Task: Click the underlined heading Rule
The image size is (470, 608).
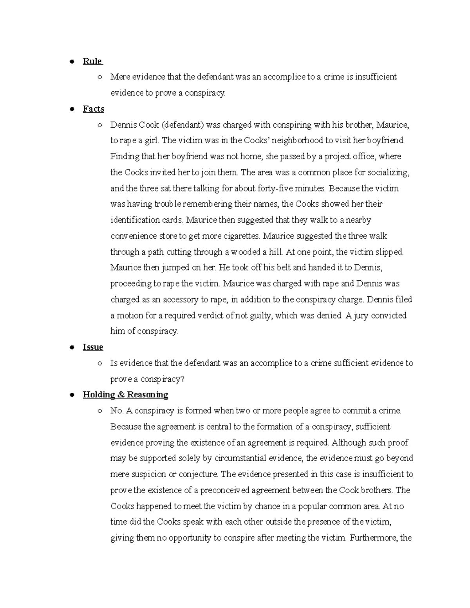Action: pyautogui.click(x=92, y=61)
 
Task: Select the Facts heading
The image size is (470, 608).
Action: pyautogui.click(x=93, y=109)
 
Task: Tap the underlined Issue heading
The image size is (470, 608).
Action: pyautogui.click(x=93, y=347)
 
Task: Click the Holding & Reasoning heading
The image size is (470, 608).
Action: pyautogui.click(x=125, y=395)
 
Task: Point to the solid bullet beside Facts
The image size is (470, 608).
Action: pyautogui.click(x=72, y=109)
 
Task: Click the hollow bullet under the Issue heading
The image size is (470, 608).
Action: pyautogui.click(x=100, y=363)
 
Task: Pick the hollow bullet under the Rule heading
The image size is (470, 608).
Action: pyautogui.click(x=100, y=77)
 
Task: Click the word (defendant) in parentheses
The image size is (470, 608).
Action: pyautogui.click(x=182, y=125)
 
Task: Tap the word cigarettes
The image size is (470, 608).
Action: pyautogui.click(x=240, y=236)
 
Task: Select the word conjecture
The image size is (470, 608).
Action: pyautogui.click(x=198, y=474)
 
